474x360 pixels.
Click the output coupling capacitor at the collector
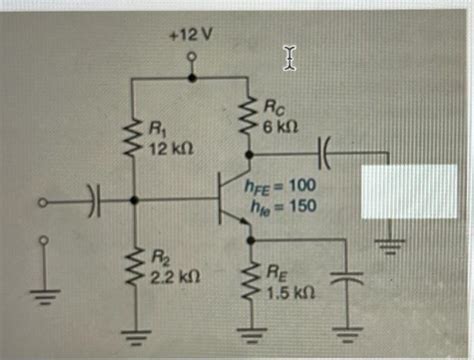[x=332, y=154]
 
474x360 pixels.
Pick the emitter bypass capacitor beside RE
[x=343, y=282]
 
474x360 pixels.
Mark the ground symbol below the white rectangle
[x=390, y=243]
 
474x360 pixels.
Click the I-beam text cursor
[x=290, y=58]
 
